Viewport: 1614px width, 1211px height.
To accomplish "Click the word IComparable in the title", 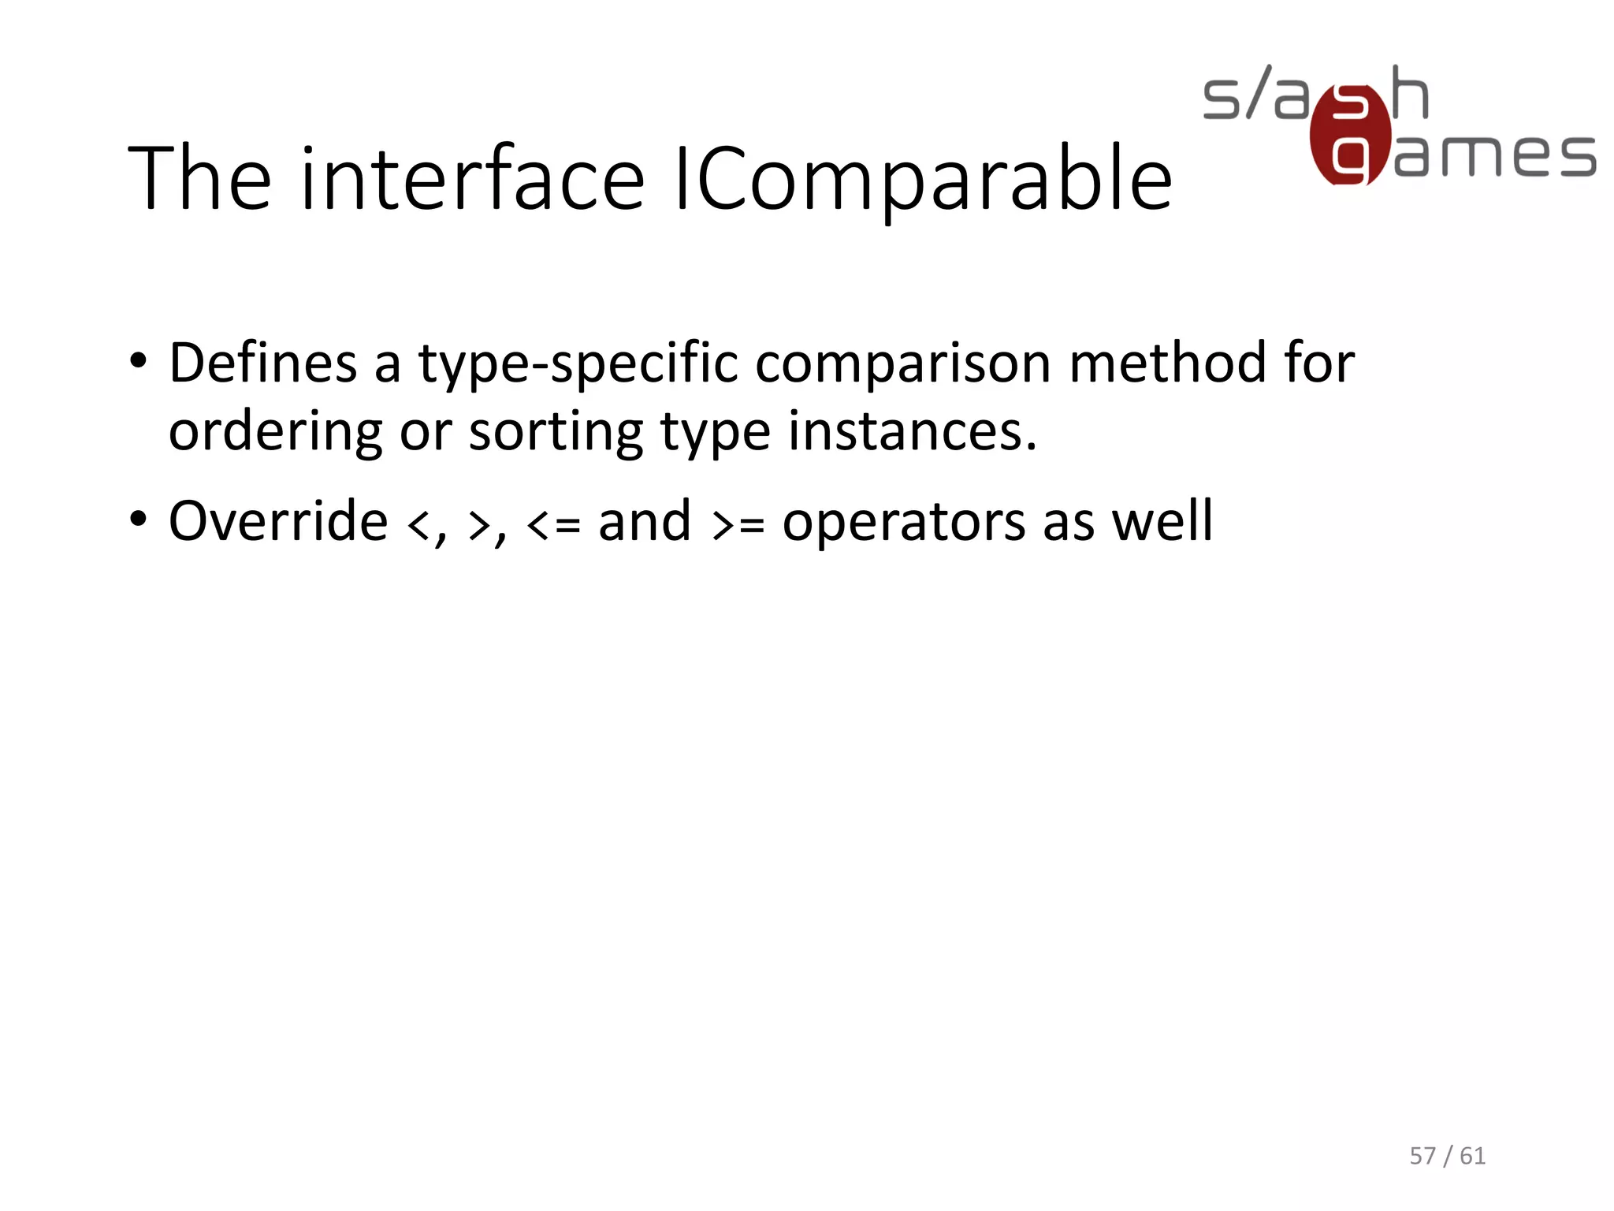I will [923, 180].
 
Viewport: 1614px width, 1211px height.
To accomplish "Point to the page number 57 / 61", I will [1447, 1156].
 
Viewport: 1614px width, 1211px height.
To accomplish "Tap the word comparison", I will [903, 364].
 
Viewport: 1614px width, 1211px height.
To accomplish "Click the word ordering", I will [275, 433].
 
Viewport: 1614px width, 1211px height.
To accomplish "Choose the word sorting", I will [556, 433].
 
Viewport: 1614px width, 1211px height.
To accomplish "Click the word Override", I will [278, 521].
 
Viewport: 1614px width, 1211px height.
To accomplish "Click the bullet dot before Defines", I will [139, 362].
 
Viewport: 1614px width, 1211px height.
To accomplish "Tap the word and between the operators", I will [645, 521].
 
